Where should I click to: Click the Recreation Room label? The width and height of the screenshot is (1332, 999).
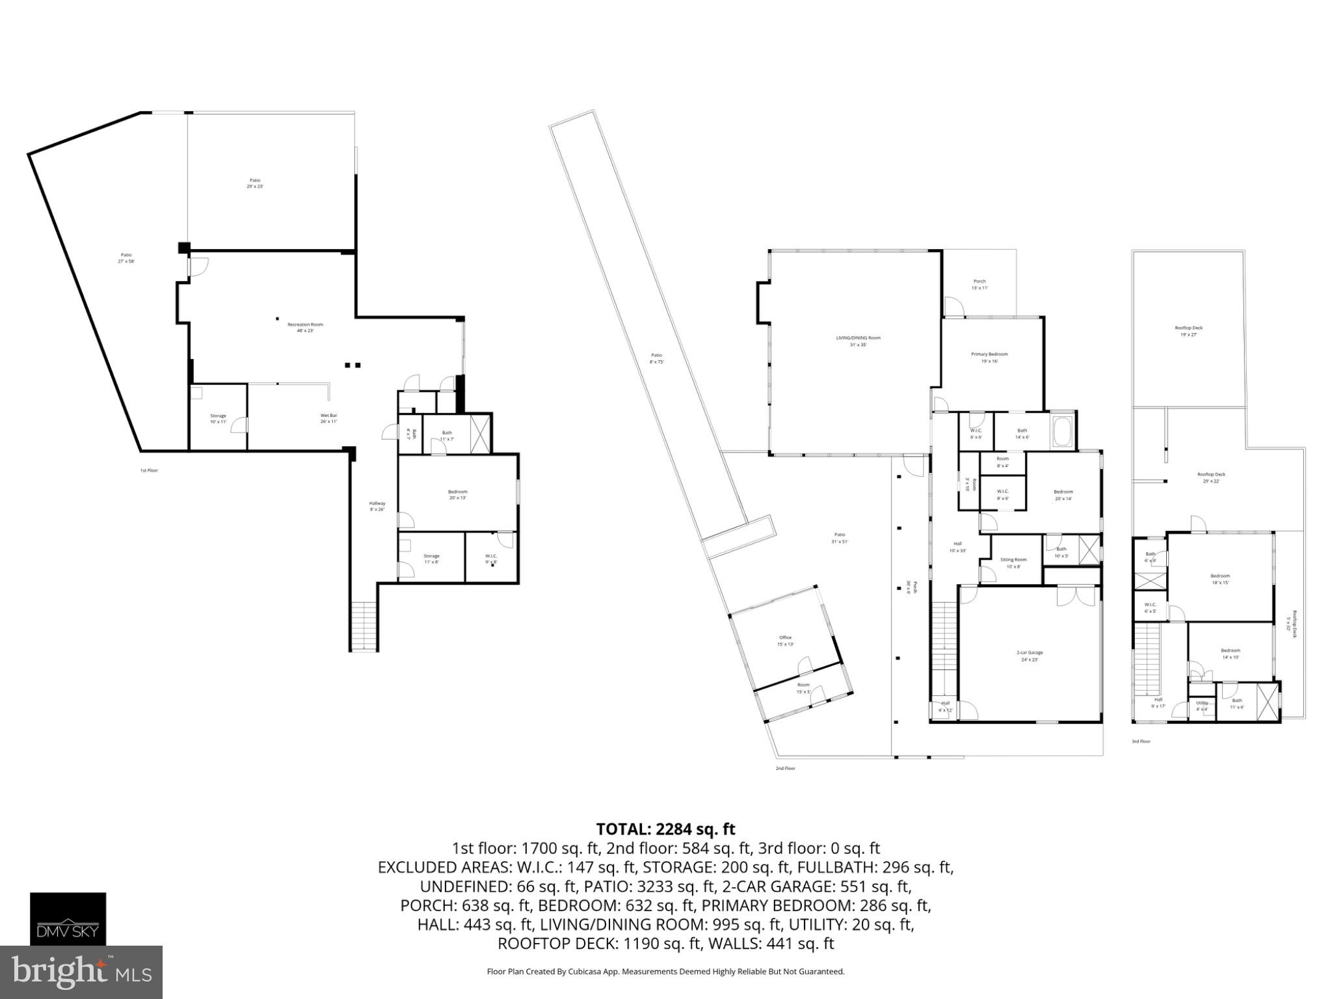(x=305, y=327)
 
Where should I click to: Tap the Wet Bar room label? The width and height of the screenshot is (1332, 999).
(x=328, y=418)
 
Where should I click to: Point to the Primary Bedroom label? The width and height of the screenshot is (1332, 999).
(x=989, y=357)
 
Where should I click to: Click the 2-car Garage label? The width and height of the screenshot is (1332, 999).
(x=1030, y=656)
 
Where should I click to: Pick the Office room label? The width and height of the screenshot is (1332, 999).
(x=785, y=641)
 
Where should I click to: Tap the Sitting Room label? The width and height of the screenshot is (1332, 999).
(x=1013, y=563)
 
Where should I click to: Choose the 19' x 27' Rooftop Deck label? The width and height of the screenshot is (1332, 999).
(x=1188, y=331)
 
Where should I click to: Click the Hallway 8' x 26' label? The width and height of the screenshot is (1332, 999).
(x=377, y=506)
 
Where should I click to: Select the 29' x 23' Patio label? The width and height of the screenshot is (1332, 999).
(x=255, y=183)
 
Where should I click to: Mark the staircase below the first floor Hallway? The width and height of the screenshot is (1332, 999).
(x=364, y=626)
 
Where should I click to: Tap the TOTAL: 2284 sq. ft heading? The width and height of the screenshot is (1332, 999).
(x=665, y=829)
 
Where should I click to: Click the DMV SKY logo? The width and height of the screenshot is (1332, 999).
(x=68, y=919)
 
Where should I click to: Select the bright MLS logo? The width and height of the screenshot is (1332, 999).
(x=81, y=972)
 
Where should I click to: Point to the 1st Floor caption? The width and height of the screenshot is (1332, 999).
(x=149, y=470)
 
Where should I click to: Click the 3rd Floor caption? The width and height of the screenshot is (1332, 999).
(x=1141, y=741)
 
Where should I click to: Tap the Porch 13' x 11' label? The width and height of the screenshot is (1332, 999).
(x=979, y=284)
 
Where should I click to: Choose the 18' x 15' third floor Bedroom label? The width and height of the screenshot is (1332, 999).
(x=1220, y=579)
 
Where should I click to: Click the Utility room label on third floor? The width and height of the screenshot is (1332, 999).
(x=1202, y=706)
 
